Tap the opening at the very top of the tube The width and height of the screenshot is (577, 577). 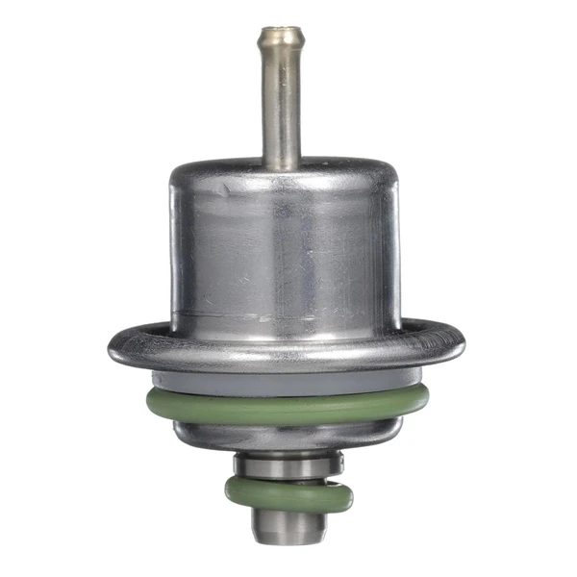click(x=281, y=31)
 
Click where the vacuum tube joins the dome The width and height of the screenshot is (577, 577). click(x=281, y=165)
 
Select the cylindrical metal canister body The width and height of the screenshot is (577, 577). click(x=285, y=250)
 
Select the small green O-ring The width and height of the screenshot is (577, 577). click(x=288, y=496)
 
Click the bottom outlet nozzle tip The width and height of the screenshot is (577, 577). click(x=288, y=529)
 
